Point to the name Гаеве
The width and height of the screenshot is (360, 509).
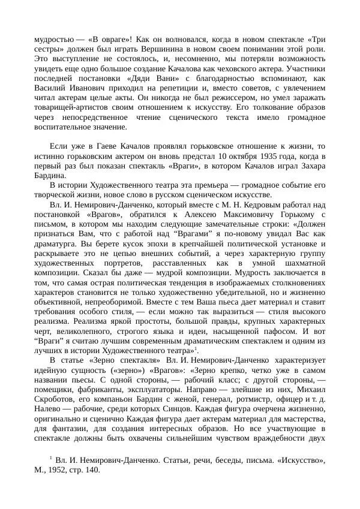[99, 146]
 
